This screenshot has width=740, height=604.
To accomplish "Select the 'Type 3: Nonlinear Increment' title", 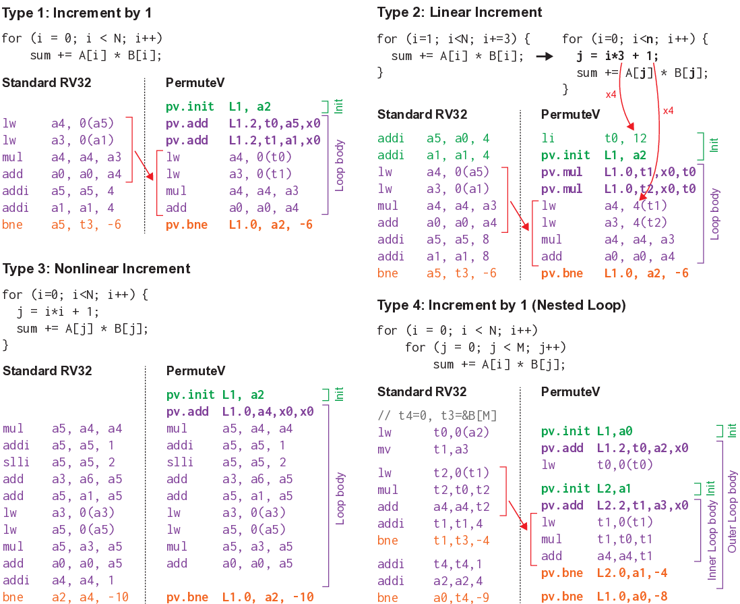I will [x=96, y=269].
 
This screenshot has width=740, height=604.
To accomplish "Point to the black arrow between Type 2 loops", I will [x=544, y=57].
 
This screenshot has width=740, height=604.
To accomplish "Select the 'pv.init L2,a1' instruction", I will [x=586, y=489].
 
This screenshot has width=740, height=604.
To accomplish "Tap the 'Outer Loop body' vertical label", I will [x=733, y=512].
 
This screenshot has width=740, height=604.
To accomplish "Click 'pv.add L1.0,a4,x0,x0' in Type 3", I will [x=239, y=411].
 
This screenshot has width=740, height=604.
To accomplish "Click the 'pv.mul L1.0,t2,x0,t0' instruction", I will [x=618, y=189].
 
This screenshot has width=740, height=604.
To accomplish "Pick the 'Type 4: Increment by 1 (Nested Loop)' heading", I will [x=501, y=305].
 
